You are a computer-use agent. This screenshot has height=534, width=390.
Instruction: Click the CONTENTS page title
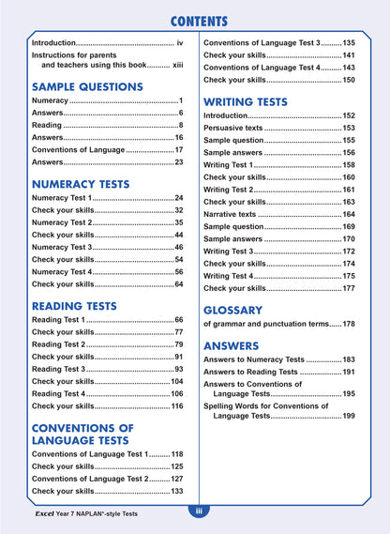(x=195, y=22)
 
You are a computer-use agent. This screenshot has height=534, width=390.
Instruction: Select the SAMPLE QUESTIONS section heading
(x=87, y=86)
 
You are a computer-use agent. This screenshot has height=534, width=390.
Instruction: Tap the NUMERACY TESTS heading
(x=81, y=184)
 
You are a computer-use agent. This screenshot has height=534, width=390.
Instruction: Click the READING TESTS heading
(x=74, y=306)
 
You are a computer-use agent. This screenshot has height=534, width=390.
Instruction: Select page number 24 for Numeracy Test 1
(x=178, y=199)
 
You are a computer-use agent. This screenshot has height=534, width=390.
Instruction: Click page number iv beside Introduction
(x=180, y=43)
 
